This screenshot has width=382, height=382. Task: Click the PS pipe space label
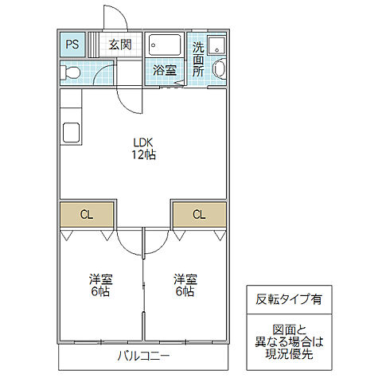point(72,45)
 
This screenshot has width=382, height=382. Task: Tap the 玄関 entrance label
point(120,45)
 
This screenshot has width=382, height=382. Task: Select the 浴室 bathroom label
point(165,69)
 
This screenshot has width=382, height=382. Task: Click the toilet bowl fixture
point(72,72)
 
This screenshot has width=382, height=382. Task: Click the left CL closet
point(87,213)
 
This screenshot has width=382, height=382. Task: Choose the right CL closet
point(199,213)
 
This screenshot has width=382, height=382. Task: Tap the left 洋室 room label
point(99,279)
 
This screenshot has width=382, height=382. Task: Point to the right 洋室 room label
point(185,279)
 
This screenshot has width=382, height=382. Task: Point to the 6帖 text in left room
point(99,292)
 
